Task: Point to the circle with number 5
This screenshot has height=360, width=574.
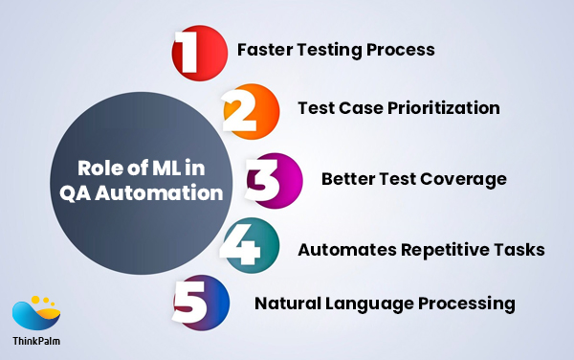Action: [x=201, y=304]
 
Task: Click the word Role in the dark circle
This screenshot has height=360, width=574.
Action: [x=102, y=169]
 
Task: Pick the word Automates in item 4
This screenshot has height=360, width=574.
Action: [x=341, y=250]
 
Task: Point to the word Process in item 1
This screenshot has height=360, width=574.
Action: [x=402, y=49]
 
